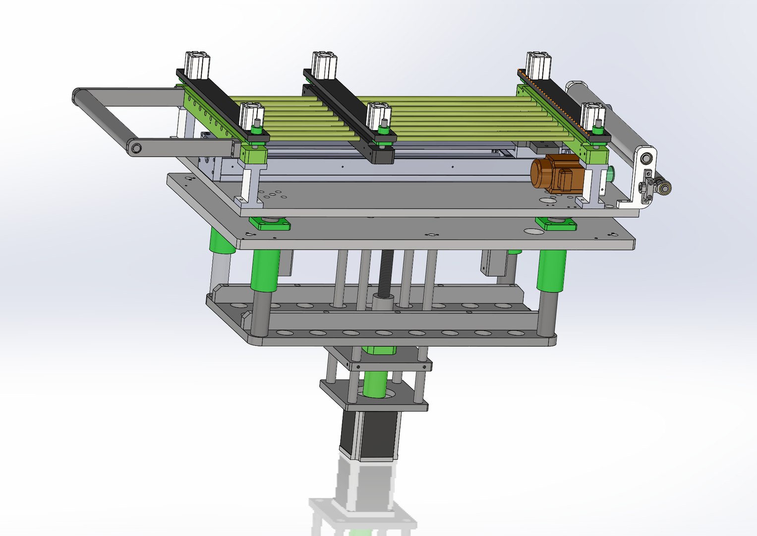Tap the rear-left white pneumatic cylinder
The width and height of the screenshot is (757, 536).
(x=197, y=65)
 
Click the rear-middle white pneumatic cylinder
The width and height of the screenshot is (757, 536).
(x=324, y=65)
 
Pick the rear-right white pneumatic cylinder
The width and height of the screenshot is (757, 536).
(x=538, y=65)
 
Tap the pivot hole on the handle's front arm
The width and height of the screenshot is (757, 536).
(x=136, y=147)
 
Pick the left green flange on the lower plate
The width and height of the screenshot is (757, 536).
(x=270, y=224)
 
